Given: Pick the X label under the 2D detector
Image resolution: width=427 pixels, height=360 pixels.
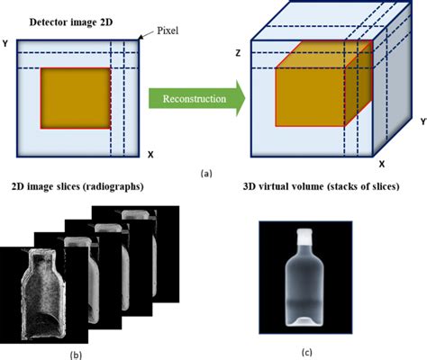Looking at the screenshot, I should [x=149, y=154].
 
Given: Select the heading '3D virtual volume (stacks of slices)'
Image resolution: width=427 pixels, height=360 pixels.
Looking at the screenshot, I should [x=322, y=188].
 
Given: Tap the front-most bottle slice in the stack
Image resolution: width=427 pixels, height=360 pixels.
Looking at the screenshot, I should [x=45, y=292].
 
